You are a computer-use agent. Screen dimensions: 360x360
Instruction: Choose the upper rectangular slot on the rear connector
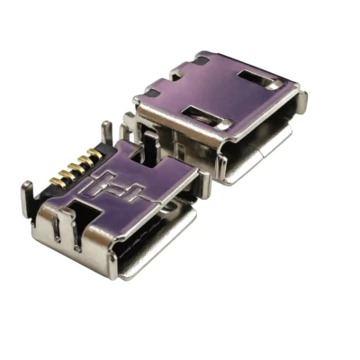tap(256, 76)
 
